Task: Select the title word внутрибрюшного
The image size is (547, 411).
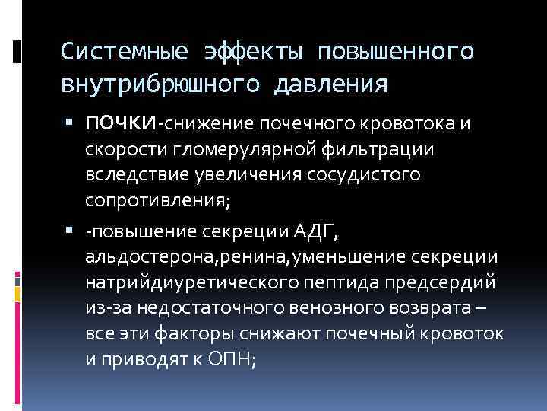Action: point(159,82)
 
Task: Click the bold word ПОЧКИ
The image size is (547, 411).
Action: point(121,123)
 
